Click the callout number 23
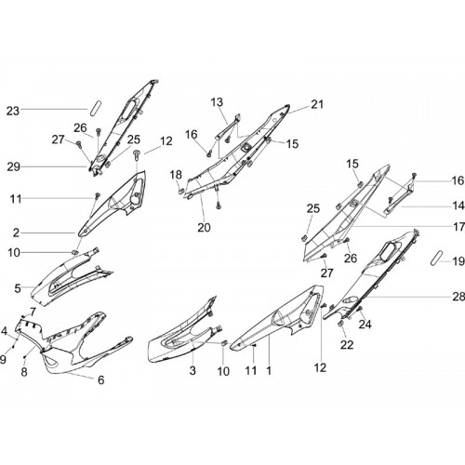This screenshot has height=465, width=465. [x=13, y=111]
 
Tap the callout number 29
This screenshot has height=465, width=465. [x=13, y=167]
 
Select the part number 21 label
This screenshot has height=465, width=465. [x=317, y=104]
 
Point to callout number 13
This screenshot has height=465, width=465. [x=217, y=102]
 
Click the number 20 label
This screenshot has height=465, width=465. [x=204, y=228]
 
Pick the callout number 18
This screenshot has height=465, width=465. [x=176, y=175]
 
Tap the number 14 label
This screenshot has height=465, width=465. [x=458, y=206]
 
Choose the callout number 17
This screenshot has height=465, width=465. [x=458, y=227]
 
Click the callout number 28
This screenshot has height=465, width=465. [x=458, y=297]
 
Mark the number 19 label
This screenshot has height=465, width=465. [x=458, y=261]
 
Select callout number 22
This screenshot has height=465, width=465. [x=347, y=345]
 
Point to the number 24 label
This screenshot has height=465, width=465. [x=365, y=325]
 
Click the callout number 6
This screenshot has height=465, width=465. [x=101, y=379]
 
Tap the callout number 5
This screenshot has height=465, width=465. [x=18, y=288]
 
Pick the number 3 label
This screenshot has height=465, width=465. [x=193, y=370]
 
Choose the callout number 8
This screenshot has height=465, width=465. [x=24, y=372]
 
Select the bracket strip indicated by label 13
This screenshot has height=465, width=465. [x=228, y=126]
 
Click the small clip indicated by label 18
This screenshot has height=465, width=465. [x=181, y=191]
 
